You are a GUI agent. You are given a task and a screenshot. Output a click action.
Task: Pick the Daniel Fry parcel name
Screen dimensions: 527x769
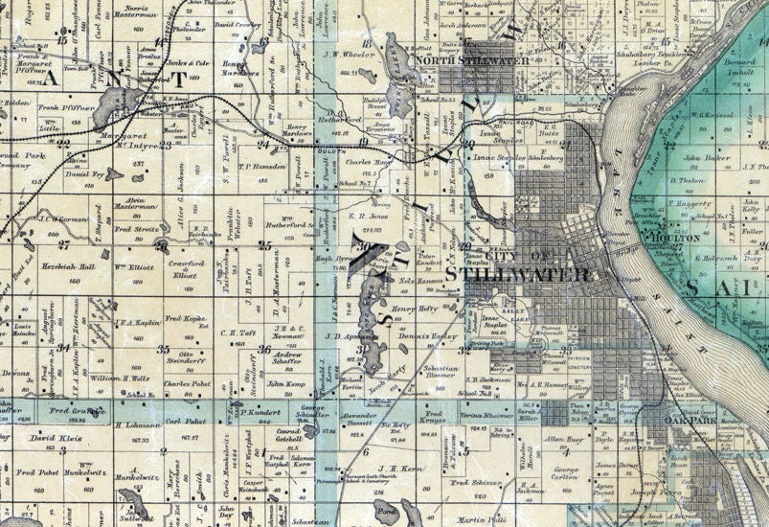coord(84,175)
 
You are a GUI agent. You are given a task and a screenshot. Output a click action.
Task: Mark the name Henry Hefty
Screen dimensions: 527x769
coord(414,309)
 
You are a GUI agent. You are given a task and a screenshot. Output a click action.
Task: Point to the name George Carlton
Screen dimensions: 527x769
coord(565,473)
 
